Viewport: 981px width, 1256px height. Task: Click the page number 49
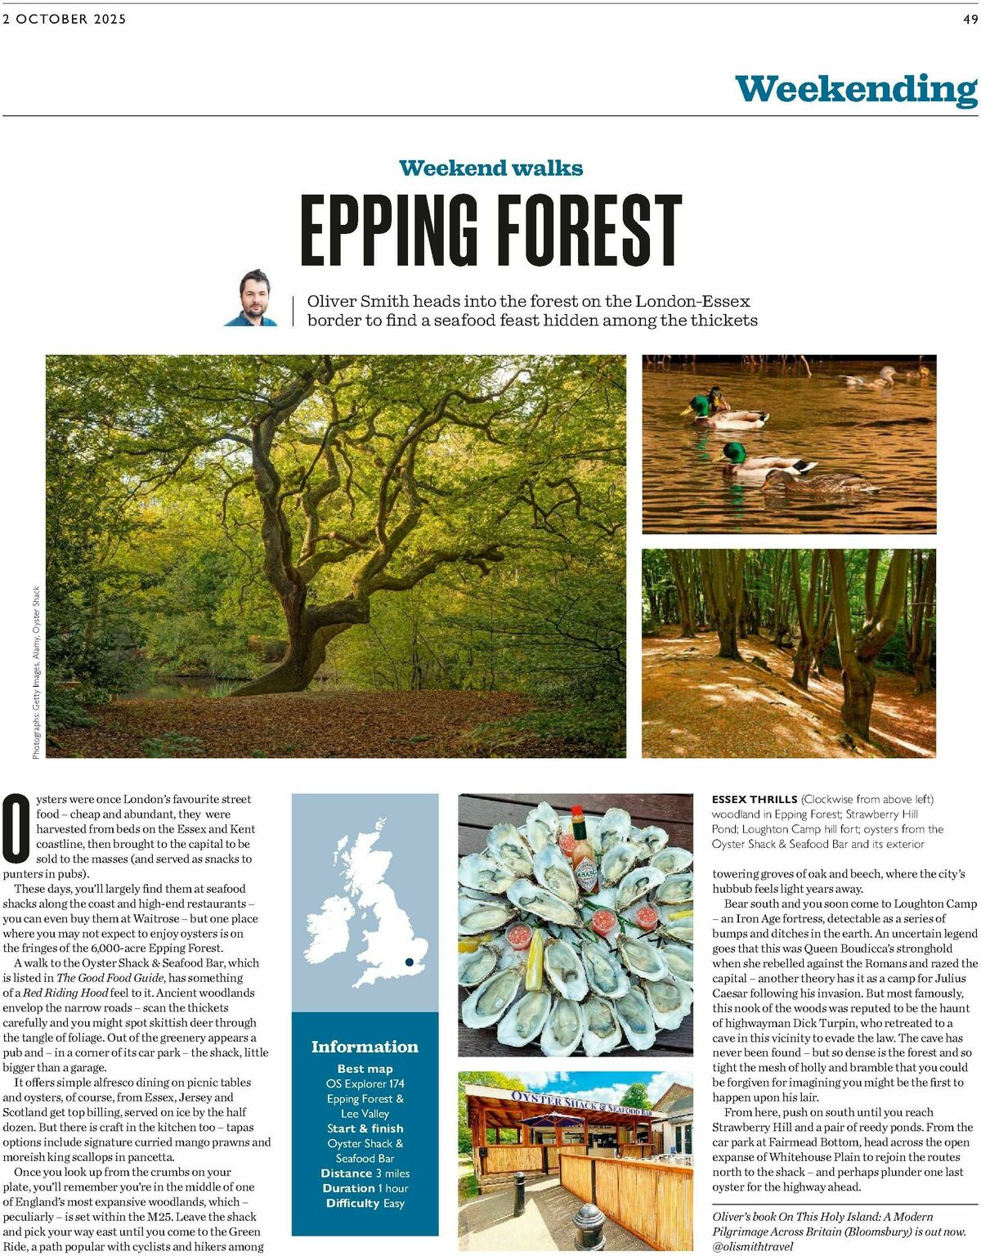[x=970, y=19]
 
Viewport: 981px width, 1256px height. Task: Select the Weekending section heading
[x=855, y=89]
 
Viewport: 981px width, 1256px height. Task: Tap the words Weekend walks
[x=490, y=168]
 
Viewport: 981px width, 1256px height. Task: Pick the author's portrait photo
[x=253, y=299]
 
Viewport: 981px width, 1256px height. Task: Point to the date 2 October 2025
[x=65, y=19]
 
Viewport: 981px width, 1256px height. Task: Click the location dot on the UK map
[x=409, y=962]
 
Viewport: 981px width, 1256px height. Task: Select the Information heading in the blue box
[x=365, y=1047]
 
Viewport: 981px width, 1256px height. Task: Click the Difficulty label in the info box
[x=352, y=1203]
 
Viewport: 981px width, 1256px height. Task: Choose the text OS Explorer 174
[x=365, y=1083]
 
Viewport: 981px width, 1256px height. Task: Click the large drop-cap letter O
[x=16, y=828]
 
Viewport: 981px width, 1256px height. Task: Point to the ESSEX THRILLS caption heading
[x=754, y=799]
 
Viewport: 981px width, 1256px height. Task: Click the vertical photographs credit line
[x=36, y=672]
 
